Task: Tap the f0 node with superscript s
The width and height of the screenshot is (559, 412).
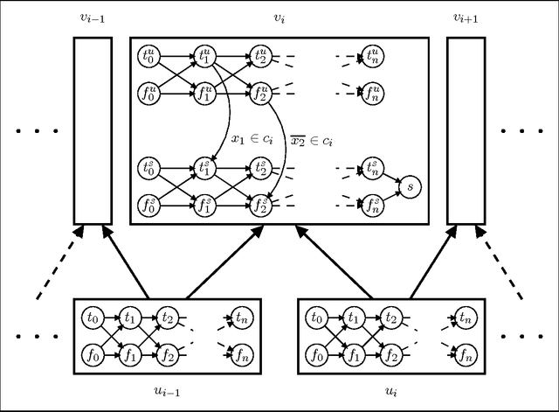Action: (x=149, y=206)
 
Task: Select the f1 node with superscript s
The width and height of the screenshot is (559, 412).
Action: (x=204, y=206)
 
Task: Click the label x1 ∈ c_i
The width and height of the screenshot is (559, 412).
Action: (x=252, y=137)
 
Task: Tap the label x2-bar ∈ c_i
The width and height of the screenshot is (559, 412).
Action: (x=311, y=137)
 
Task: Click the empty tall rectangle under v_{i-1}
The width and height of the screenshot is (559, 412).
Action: (x=92, y=130)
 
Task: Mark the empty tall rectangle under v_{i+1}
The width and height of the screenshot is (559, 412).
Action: (x=466, y=130)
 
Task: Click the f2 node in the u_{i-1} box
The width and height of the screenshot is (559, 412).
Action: (x=168, y=354)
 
